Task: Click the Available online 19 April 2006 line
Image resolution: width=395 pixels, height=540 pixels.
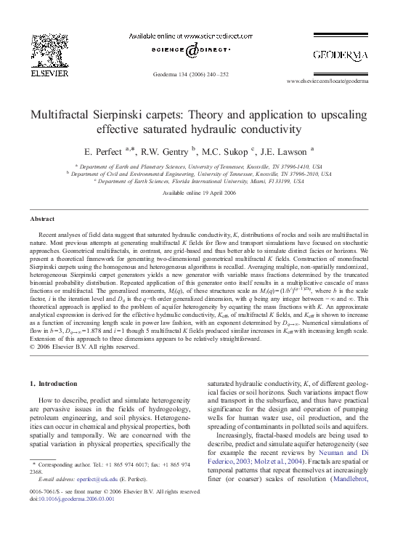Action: [x=197, y=193]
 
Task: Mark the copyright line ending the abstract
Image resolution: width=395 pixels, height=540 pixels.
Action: [x=84, y=346]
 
